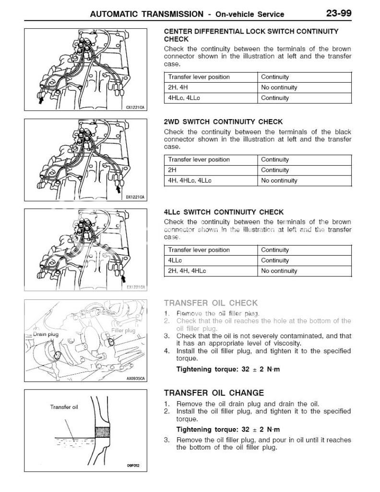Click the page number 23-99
[x=339, y=13]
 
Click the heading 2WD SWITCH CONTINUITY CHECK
[x=223, y=122]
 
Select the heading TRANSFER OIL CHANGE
[x=214, y=393]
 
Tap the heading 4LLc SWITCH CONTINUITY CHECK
[x=224, y=212]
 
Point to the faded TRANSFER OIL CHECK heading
[x=211, y=303]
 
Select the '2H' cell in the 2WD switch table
[x=173, y=170]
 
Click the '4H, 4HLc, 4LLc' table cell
[x=190, y=181]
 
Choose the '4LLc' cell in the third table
[x=175, y=260]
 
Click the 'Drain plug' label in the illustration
[x=45, y=333]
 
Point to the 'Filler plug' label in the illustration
[x=123, y=331]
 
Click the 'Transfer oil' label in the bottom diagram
[x=64, y=407]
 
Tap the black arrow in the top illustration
[x=41, y=100]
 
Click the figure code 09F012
[x=132, y=466]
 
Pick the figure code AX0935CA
[x=135, y=378]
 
